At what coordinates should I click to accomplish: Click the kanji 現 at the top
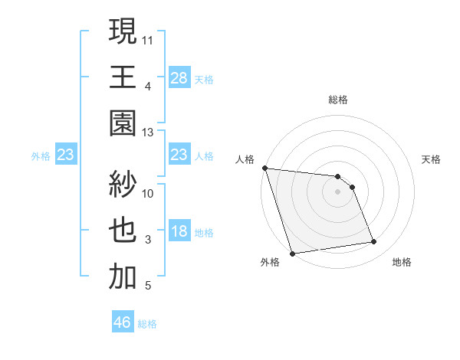(123, 33)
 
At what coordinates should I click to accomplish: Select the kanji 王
(123, 77)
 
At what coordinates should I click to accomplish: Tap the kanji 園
(123, 123)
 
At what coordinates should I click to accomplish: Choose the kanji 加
(123, 277)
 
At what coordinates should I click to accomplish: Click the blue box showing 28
(179, 77)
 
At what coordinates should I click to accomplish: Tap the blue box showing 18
(179, 231)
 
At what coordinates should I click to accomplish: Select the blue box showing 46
(122, 322)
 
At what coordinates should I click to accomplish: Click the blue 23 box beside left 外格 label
(65, 155)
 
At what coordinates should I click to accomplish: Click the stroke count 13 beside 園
(148, 133)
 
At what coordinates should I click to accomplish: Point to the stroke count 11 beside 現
(148, 40)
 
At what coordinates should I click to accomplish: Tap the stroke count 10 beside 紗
(148, 192)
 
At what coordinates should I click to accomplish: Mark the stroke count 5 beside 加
(148, 286)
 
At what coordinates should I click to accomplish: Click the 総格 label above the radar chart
(338, 100)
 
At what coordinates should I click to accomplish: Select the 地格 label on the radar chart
(402, 263)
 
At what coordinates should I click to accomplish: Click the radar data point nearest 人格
(264, 168)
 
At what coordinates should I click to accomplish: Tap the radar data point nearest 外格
(292, 254)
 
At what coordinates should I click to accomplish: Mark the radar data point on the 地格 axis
(374, 242)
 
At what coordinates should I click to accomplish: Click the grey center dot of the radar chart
(338, 191)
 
